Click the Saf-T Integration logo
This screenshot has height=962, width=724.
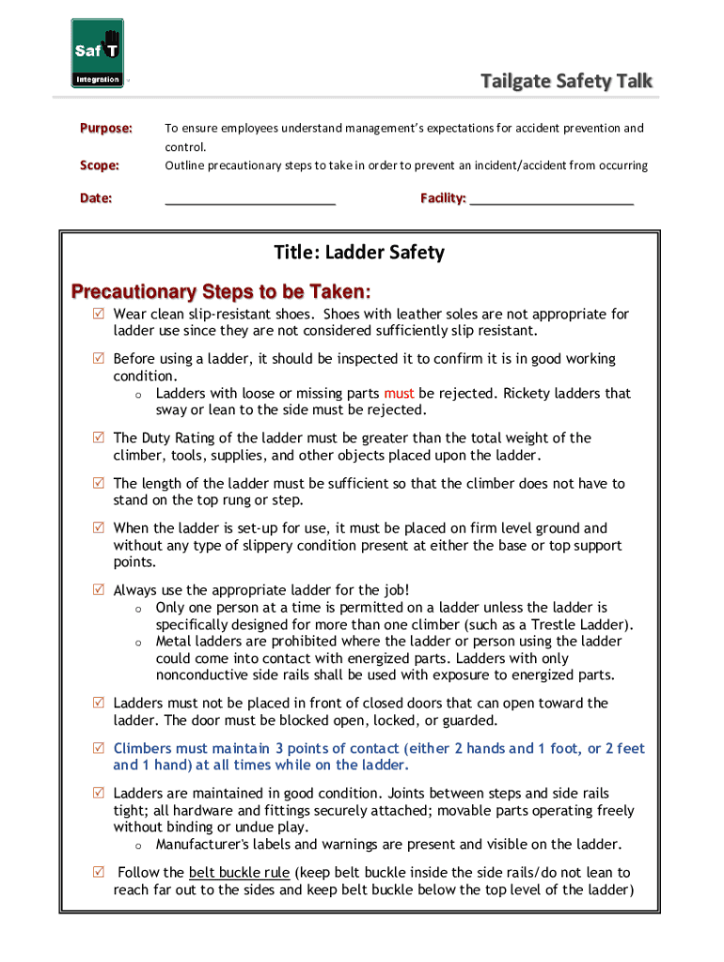point(98,54)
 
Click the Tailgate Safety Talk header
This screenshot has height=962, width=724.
point(566,82)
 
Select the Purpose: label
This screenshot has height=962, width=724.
point(105,128)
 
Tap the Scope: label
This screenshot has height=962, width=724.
point(99,165)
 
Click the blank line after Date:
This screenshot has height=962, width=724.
point(250,199)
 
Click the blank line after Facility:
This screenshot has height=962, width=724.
point(551,199)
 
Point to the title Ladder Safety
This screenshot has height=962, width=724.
point(359,253)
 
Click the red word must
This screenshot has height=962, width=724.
point(399,394)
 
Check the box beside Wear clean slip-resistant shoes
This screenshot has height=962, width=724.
point(99,314)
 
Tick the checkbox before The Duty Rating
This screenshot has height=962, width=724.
point(99,438)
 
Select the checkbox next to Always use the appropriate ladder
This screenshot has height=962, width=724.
point(99,590)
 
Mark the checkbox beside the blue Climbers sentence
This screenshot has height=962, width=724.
point(99,749)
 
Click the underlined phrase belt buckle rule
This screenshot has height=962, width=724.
point(239,873)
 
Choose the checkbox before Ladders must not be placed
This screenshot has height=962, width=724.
point(99,703)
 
